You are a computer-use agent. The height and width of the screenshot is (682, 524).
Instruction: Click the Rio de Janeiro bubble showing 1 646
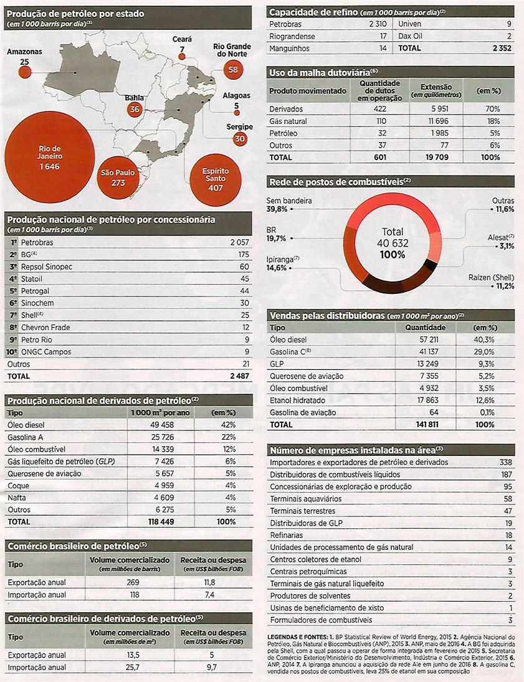(x=50, y=158)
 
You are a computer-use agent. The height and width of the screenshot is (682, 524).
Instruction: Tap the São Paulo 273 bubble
(x=118, y=178)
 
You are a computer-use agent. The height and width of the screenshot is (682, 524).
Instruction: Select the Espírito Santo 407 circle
(x=216, y=179)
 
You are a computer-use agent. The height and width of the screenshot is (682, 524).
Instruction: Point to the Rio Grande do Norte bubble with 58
(x=233, y=70)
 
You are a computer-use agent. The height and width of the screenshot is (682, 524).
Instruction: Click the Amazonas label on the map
(x=24, y=52)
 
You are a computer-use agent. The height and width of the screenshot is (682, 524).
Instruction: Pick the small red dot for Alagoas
(x=237, y=113)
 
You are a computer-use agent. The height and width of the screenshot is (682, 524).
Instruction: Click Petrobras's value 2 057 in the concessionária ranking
(x=240, y=242)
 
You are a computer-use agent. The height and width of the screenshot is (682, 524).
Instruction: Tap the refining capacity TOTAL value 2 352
(x=502, y=49)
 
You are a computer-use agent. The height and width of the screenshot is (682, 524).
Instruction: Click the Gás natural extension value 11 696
(x=437, y=121)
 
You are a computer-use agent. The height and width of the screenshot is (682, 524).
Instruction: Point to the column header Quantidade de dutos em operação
(x=380, y=90)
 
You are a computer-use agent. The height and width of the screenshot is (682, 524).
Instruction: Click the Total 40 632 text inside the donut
(x=393, y=237)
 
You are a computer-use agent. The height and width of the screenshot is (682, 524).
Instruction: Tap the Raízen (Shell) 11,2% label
(x=492, y=282)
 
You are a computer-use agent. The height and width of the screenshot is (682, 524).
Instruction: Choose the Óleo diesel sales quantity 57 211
(x=429, y=339)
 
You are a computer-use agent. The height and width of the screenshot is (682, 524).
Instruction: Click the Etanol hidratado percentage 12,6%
(x=484, y=400)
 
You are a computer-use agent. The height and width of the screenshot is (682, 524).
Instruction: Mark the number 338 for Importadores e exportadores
(x=506, y=462)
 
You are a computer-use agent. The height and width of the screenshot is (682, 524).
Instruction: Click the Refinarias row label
(x=287, y=536)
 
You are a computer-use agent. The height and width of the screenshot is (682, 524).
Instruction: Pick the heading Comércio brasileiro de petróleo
(x=74, y=546)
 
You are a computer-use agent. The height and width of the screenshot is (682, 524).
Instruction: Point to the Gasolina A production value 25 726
(x=163, y=437)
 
